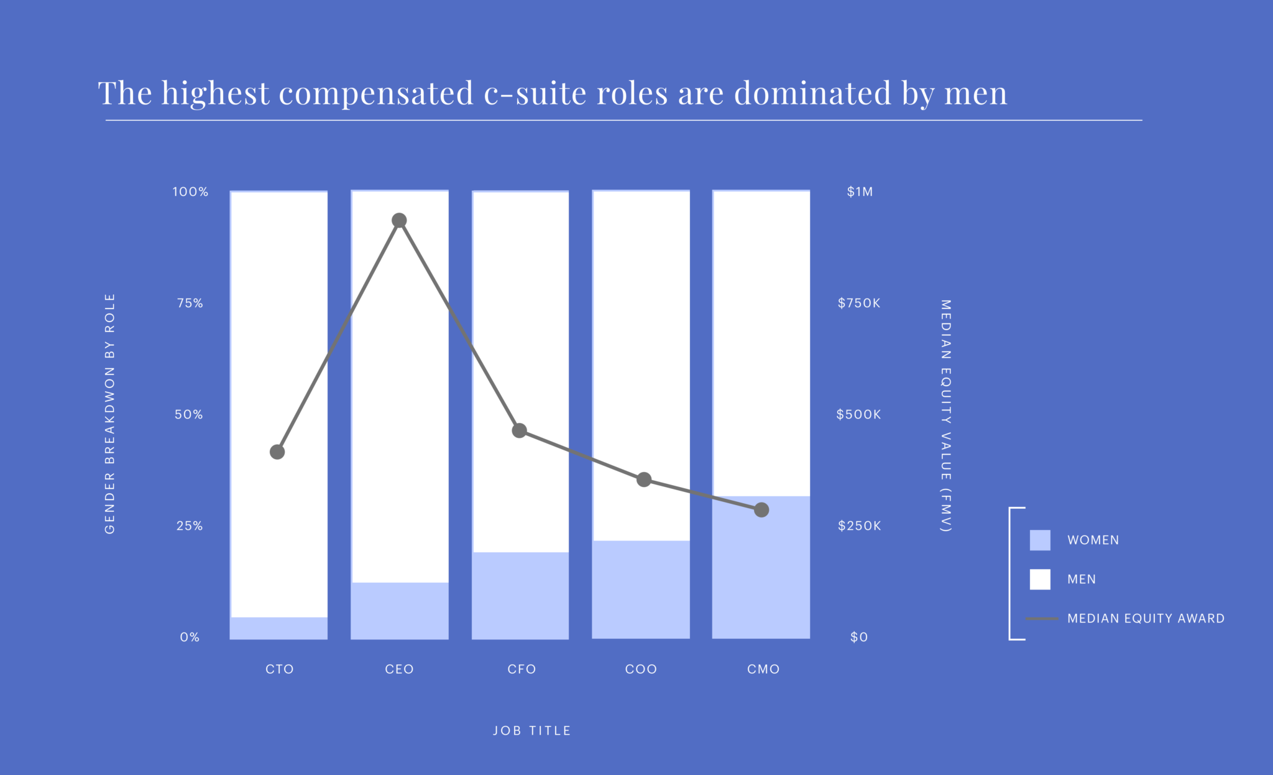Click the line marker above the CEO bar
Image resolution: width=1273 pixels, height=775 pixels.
click(400, 220)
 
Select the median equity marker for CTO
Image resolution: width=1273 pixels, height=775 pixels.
click(277, 452)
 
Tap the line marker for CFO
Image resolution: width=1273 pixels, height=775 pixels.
click(520, 430)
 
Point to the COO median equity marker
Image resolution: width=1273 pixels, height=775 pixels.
click(644, 480)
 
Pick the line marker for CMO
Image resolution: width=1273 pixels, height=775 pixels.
click(761, 510)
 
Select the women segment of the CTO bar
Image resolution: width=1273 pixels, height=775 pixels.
click(278, 628)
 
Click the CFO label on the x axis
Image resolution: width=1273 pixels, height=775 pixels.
click(522, 669)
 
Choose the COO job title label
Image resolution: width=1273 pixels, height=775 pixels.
click(641, 669)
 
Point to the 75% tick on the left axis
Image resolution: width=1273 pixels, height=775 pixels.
click(190, 303)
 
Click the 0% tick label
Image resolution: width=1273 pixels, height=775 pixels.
click(190, 637)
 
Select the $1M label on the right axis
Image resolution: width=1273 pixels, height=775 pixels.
click(860, 192)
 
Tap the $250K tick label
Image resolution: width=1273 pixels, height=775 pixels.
click(859, 526)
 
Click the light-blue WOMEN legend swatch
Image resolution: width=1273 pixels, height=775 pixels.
click(1040, 540)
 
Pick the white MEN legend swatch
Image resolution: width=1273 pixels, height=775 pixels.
click(1040, 579)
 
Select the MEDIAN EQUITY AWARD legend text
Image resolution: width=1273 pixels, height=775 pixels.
click(1146, 618)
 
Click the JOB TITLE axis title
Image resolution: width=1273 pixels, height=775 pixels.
click(531, 731)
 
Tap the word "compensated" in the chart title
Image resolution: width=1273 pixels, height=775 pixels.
click(376, 93)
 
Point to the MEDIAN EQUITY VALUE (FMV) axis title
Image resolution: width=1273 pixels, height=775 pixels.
click(945, 415)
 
